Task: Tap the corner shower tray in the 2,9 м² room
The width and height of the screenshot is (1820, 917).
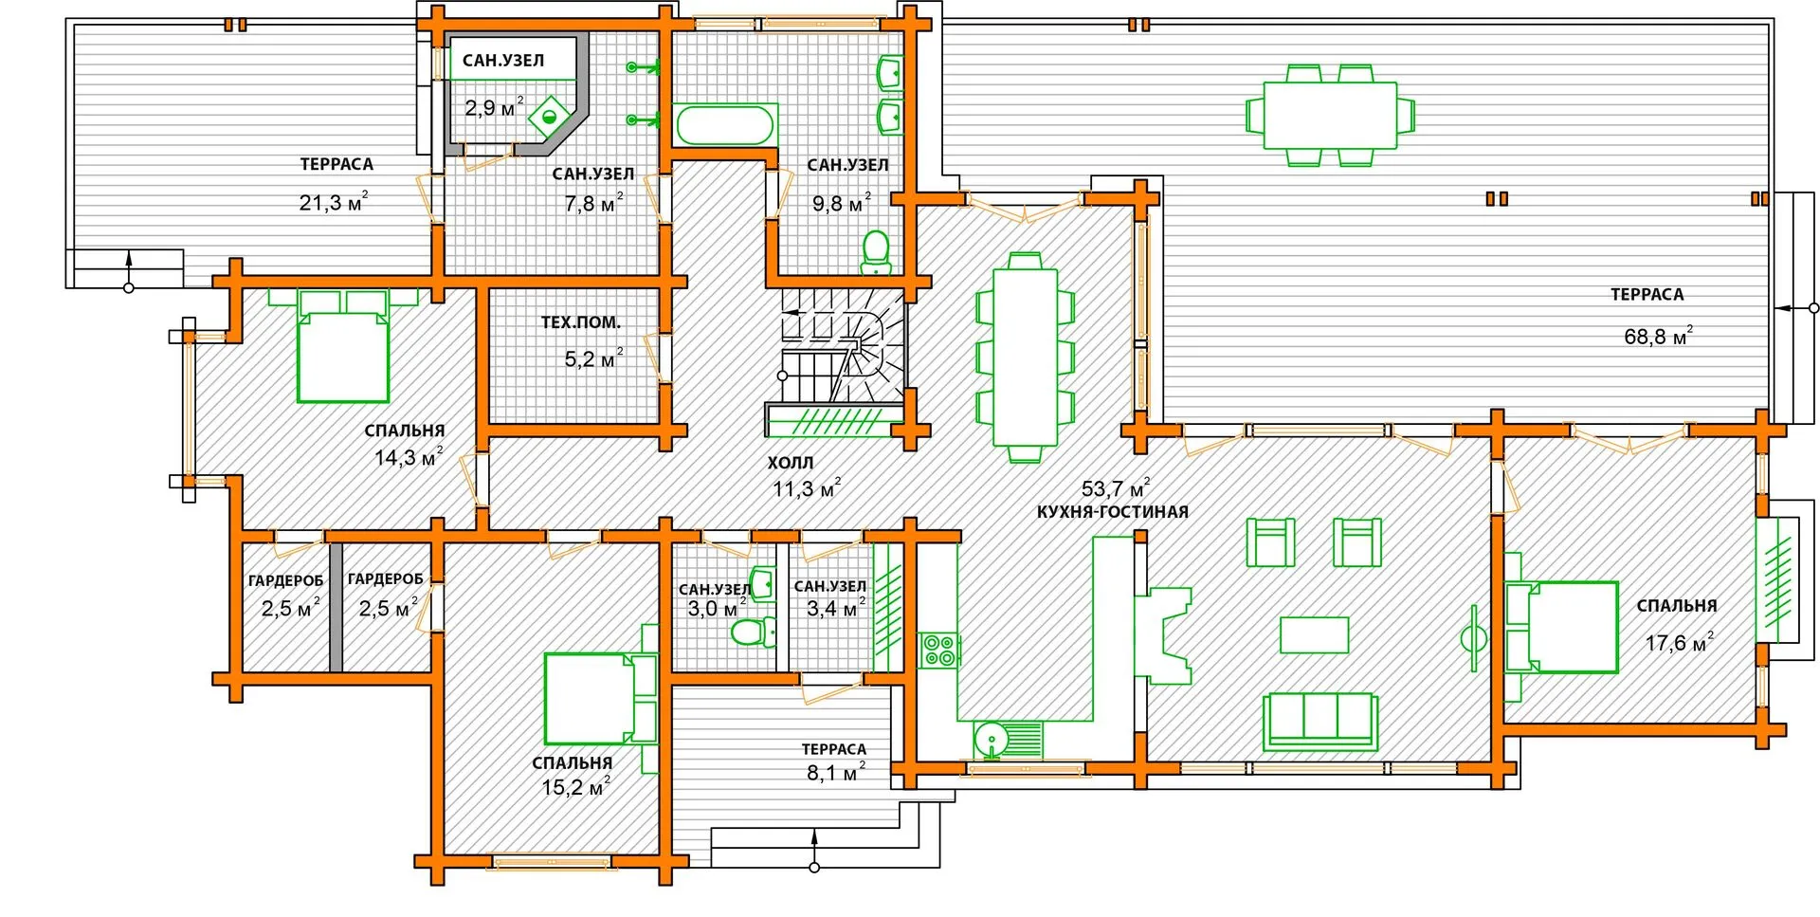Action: point(549,117)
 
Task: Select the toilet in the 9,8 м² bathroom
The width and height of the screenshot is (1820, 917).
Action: point(876,252)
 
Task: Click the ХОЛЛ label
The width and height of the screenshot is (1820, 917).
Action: point(791,463)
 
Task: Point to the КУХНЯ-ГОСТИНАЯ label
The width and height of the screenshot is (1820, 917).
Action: point(1112,512)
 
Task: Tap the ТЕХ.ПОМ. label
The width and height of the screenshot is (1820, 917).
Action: point(580,322)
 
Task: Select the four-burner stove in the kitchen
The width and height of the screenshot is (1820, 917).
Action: point(939,651)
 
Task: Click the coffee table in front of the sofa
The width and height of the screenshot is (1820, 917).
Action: point(1314,634)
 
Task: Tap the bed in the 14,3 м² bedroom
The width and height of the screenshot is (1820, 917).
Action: point(343,345)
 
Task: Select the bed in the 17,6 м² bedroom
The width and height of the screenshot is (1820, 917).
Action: point(1561,628)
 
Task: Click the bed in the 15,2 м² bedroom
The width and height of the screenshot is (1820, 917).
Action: point(600,698)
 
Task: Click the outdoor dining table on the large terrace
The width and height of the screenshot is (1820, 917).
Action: point(1330,115)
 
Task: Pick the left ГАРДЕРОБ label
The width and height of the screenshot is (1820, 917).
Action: point(285,580)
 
